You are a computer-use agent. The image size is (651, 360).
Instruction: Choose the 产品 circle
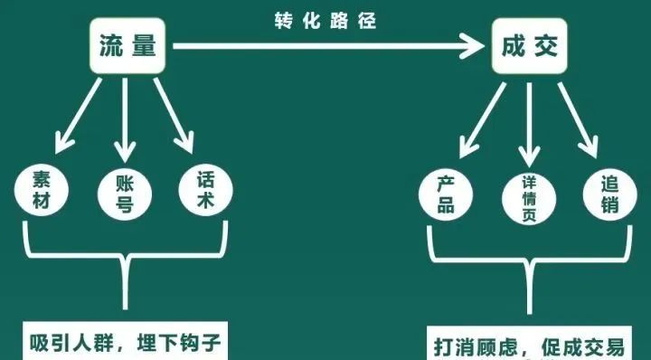[446, 193]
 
